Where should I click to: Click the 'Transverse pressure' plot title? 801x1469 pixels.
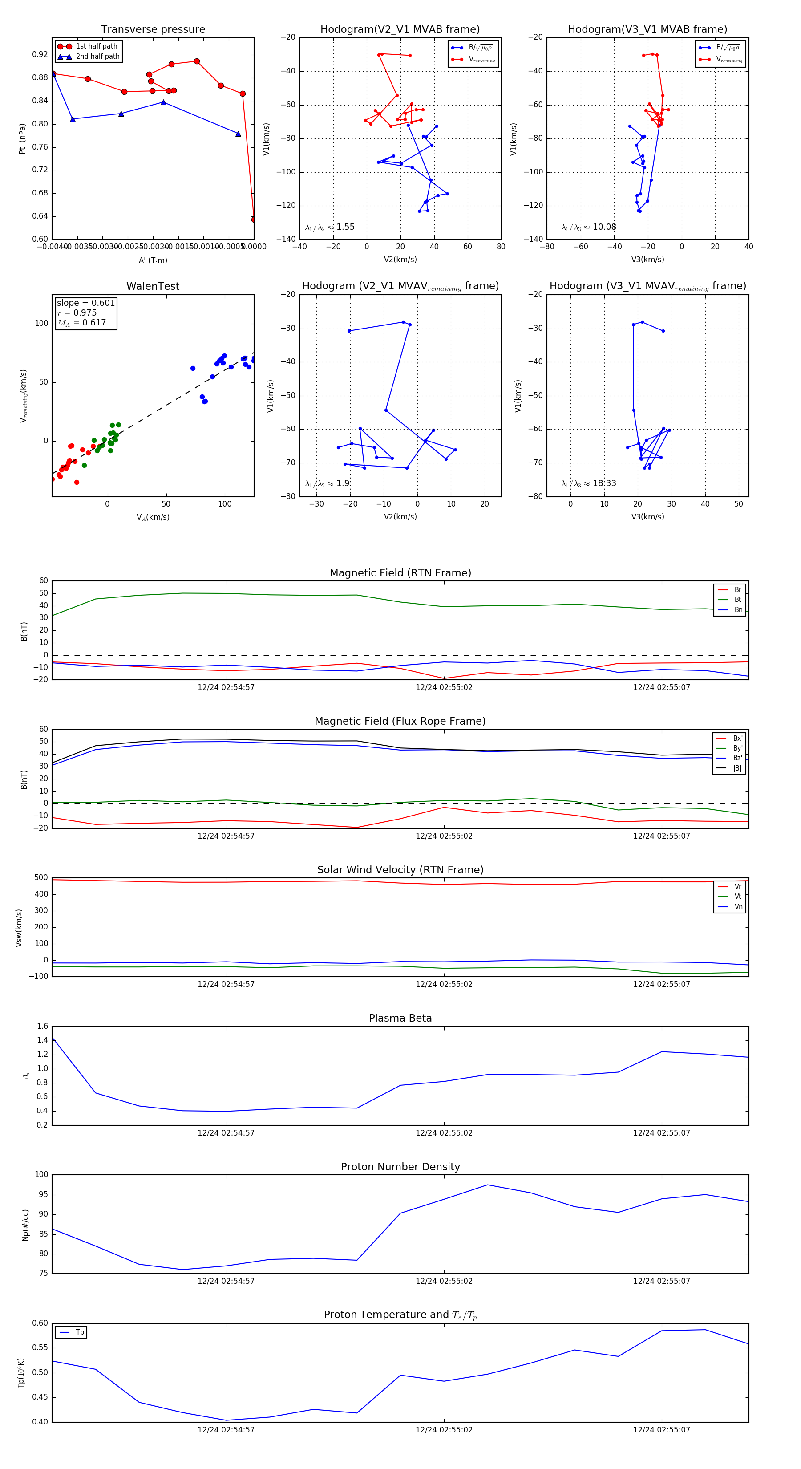point(153,30)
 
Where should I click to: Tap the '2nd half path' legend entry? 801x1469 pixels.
point(97,57)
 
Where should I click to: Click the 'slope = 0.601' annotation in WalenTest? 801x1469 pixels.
point(85,303)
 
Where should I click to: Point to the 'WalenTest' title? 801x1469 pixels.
point(153,286)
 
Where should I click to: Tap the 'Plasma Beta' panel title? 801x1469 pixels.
point(400,1018)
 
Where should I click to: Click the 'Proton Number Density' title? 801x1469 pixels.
point(400,1167)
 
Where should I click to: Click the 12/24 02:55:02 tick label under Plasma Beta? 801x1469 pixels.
point(444,1132)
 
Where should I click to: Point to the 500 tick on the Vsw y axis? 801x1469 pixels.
point(41,878)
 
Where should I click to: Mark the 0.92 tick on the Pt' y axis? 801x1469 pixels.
point(40,55)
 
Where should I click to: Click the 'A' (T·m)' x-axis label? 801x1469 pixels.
point(153,260)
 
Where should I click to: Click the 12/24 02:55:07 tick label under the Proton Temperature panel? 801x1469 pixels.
point(661,1430)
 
